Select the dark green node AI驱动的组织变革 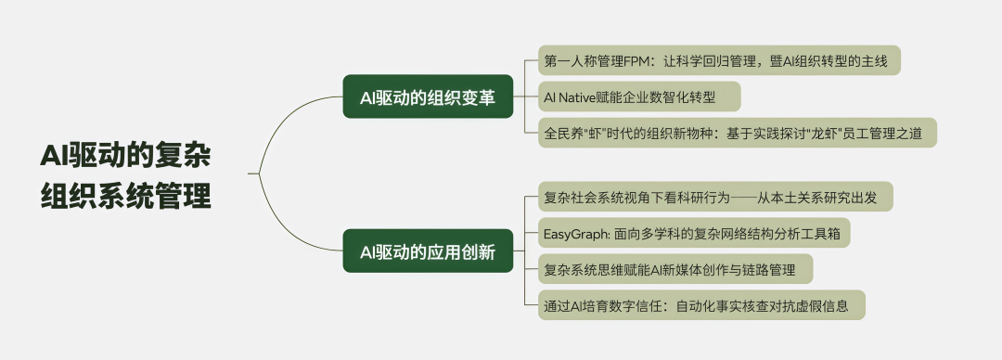pyautogui.click(x=428, y=96)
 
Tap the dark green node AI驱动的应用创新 pyautogui.click(x=428, y=251)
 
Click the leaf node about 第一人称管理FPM pyautogui.click(x=719, y=60)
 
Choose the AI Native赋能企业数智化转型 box pyautogui.click(x=639, y=96)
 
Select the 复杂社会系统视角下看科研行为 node pyautogui.click(x=715, y=197)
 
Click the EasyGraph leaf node pyautogui.click(x=694, y=233)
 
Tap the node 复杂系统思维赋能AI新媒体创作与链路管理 pyautogui.click(x=675, y=268)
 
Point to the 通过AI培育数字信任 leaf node pyautogui.click(x=701, y=305)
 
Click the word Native pyautogui.click(x=576, y=97)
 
